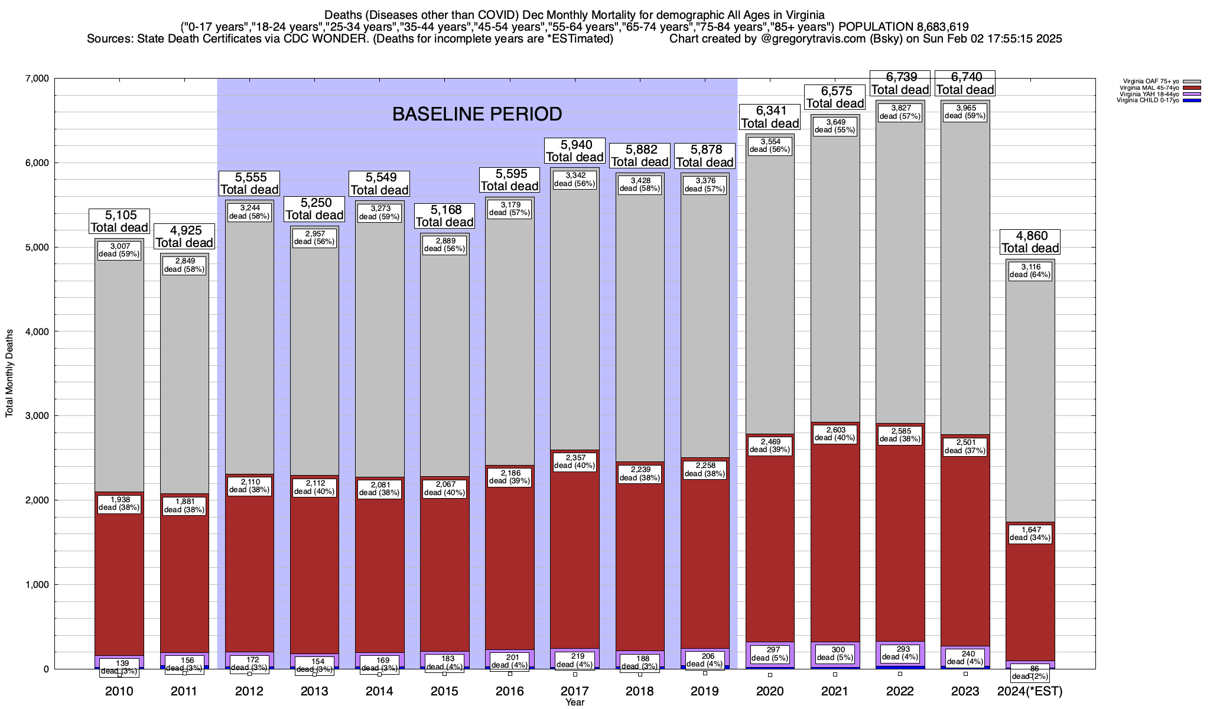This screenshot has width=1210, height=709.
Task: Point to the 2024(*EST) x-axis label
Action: click(x=1030, y=691)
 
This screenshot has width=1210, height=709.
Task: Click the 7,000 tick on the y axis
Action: click(x=37, y=79)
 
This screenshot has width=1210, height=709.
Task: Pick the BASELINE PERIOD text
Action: click(x=477, y=114)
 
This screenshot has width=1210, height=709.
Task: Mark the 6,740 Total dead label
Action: click(x=965, y=83)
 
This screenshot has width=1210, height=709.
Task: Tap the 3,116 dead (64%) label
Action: click(x=1030, y=271)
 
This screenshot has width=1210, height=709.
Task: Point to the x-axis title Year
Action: click(x=574, y=703)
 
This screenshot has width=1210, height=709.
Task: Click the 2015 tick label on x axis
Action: click(x=444, y=691)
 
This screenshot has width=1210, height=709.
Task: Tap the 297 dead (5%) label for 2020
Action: click(x=770, y=654)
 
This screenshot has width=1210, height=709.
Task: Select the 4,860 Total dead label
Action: click(x=1030, y=242)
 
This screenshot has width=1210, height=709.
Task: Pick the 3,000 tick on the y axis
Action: click(x=37, y=416)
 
